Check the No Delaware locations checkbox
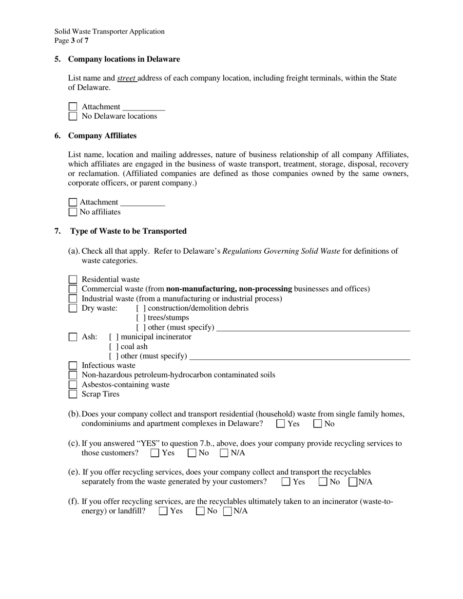pos(73,116)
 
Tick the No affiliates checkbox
pos(73,212)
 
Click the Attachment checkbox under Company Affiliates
pos(73,202)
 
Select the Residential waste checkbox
pos(73,280)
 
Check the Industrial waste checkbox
pos(73,299)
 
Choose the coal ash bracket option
pos(114,347)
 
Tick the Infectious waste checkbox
pos(73,365)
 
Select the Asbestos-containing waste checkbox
pos(73,385)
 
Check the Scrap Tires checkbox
pos(73,394)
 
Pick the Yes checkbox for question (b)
pos(280,424)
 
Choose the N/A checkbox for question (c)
pos(224,453)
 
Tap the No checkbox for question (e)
pos(323,482)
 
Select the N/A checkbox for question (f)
pos(227,511)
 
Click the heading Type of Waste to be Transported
pos(128,231)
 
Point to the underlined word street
pos(126,78)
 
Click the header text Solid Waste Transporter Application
pos(109,32)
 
